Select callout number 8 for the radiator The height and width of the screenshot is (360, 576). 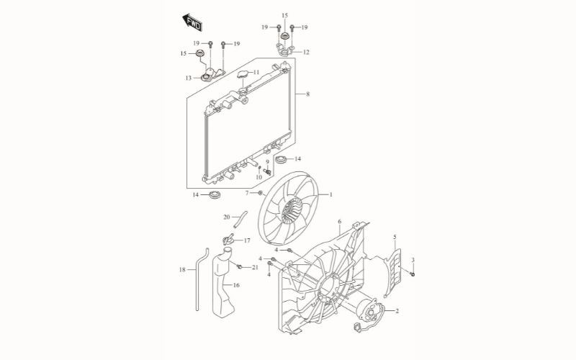pyautogui.click(x=307, y=94)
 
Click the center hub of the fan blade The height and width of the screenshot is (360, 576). pyautogui.click(x=292, y=210)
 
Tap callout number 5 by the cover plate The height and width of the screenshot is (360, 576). pyautogui.click(x=395, y=237)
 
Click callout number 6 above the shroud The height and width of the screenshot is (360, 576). pyautogui.click(x=339, y=221)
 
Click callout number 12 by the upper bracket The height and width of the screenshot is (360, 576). pyautogui.click(x=306, y=53)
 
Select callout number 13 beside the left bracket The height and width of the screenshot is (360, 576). pyautogui.click(x=188, y=78)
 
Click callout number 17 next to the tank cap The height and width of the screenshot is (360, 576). pyautogui.click(x=246, y=240)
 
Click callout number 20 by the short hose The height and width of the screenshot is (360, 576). pyautogui.click(x=226, y=217)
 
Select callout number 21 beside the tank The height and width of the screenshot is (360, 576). pyautogui.click(x=255, y=268)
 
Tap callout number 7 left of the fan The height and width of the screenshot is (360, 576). pyautogui.click(x=246, y=193)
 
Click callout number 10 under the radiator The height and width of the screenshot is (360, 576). pyautogui.click(x=258, y=176)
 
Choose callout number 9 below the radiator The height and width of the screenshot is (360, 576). pyautogui.click(x=267, y=162)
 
